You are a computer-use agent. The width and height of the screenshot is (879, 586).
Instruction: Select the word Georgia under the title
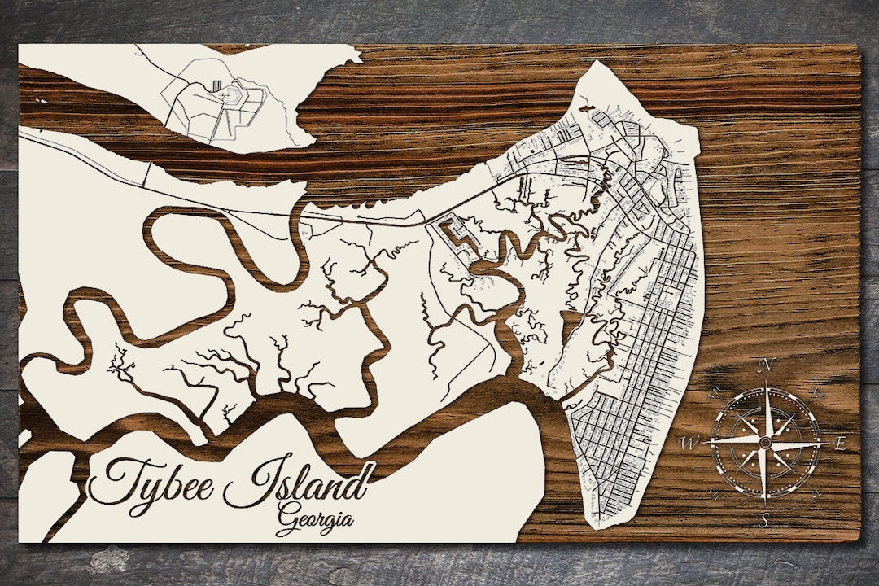point(315,518)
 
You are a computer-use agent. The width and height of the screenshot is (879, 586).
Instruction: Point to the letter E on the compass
point(840,444)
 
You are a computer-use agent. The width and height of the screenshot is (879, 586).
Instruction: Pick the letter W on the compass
point(689,444)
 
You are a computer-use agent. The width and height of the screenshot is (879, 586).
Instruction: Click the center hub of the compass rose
point(764,442)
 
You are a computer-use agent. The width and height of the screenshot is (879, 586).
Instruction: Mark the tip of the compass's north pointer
point(764,381)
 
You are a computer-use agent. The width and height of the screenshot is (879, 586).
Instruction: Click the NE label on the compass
point(817,392)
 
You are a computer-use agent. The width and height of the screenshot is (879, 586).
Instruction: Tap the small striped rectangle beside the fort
point(216,85)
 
